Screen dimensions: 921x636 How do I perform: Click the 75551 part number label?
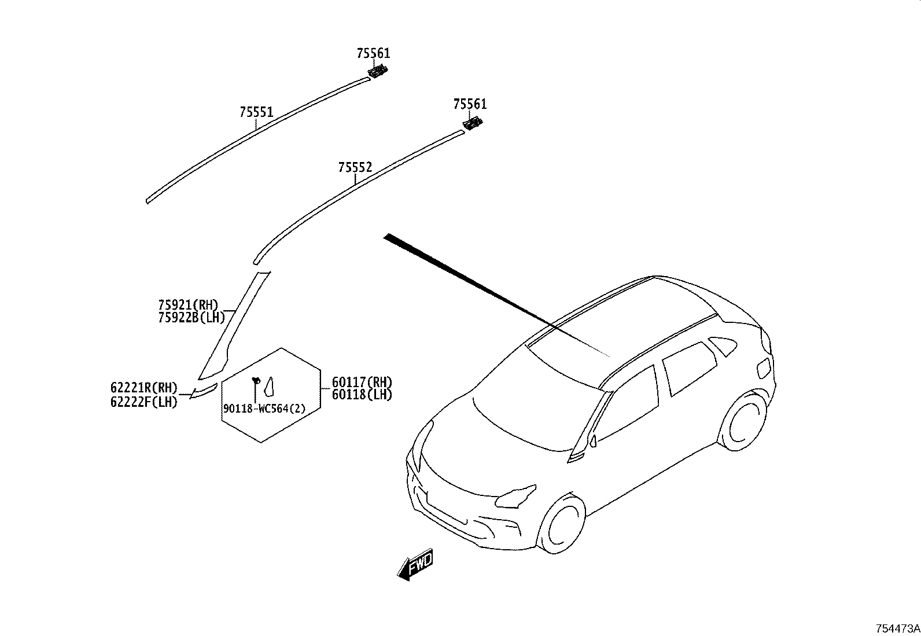256,112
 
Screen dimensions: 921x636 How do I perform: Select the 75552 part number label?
355,167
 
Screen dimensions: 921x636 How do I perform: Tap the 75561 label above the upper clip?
373,53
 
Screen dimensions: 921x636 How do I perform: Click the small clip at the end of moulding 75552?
473,123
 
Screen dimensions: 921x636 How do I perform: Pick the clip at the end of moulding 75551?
377,71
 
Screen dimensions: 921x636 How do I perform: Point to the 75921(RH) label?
189,305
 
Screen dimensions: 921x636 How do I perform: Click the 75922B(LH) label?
191,318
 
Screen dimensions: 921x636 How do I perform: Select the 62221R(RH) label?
143,388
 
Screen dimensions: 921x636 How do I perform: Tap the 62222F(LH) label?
143,402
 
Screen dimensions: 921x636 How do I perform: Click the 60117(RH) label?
362,382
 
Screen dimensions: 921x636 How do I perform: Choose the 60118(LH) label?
362,395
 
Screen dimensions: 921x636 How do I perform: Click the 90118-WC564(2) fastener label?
264,409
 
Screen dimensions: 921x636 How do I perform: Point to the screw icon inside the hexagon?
256,381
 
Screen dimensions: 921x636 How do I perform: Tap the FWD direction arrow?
415,564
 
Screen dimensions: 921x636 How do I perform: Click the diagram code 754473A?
897,628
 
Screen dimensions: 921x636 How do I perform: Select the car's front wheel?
562,524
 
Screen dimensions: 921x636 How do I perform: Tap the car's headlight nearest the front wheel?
516,497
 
